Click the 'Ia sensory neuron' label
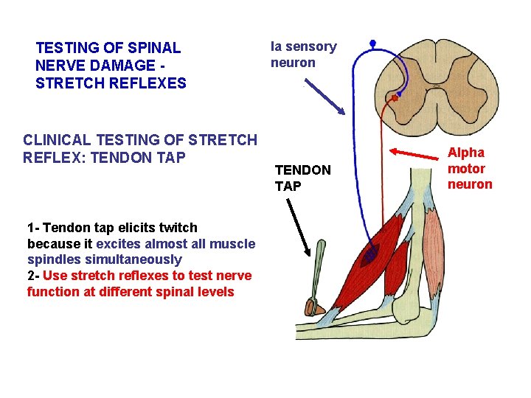point(303,55)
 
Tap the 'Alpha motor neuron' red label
point(470,168)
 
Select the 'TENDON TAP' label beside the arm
point(302,178)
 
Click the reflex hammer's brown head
point(313,306)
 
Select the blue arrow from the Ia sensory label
point(325,97)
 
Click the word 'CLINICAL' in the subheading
point(55,139)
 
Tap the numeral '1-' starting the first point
point(34,227)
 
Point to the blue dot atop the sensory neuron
point(373,43)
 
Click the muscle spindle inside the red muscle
point(369,255)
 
